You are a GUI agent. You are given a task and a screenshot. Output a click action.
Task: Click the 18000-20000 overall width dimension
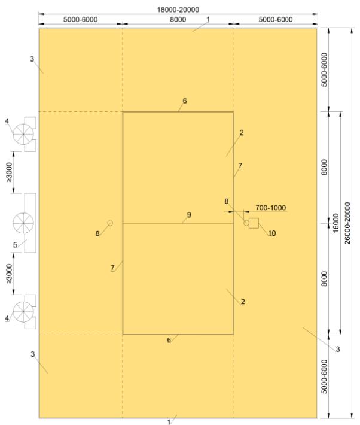coord(178,10)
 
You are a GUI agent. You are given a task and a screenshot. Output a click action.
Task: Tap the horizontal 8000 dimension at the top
coord(178,20)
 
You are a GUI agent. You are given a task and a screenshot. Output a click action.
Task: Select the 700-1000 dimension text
coord(271,208)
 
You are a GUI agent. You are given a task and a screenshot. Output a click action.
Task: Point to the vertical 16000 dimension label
coord(336,223)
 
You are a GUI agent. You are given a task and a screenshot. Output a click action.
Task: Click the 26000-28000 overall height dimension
coord(347,223)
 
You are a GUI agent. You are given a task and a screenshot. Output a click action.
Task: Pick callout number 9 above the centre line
coord(189,215)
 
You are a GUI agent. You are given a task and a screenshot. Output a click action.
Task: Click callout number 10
coord(271,233)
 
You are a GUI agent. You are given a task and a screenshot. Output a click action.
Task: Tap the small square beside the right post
coord(254,223)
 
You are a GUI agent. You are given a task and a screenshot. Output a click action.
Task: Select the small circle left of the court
coord(110,223)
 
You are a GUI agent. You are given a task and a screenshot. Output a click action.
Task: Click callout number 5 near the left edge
coord(15,245)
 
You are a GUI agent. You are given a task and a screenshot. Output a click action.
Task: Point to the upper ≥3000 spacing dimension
coord(9,172)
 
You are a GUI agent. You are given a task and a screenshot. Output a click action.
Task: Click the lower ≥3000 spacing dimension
coord(9,274)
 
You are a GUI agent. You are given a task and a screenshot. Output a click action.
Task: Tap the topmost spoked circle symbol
coord(23,134)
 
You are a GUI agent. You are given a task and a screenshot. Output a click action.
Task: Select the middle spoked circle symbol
coord(23,223)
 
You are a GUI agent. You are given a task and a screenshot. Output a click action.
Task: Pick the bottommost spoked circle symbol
coord(23,312)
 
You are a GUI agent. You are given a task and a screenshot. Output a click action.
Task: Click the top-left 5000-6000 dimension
coord(81,20)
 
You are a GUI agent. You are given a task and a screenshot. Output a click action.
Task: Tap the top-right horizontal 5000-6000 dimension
coord(276,20)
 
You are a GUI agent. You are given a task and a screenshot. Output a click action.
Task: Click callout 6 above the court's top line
coord(184,101)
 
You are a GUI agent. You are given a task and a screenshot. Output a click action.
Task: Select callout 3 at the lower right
coord(337,349)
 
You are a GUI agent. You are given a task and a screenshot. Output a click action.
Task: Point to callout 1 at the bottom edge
coord(169,422)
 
